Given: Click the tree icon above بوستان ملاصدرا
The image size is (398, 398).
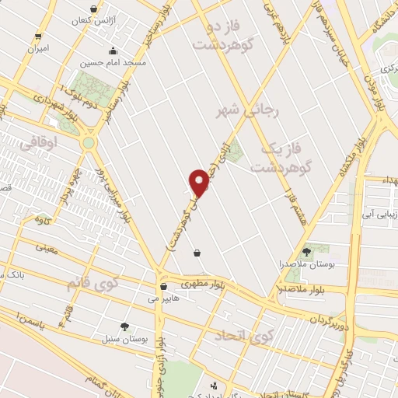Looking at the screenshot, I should (306, 251).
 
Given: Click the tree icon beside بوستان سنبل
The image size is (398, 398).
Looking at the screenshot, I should (124, 326).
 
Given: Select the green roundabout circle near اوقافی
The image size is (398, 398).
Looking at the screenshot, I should (89, 143).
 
